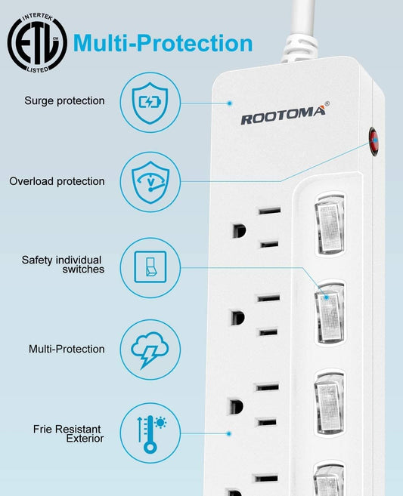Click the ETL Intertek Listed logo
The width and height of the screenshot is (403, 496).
tap(37, 42)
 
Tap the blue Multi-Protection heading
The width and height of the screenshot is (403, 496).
tap(163, 43)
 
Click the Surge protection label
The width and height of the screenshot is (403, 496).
tap(64, 101)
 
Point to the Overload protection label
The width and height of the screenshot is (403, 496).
tap(57, 182)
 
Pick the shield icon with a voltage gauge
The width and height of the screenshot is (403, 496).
tap(150, 182)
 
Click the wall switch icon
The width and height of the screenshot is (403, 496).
tap(150, 266)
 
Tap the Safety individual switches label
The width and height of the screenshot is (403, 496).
tap(63, 264)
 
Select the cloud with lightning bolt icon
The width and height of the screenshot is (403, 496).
tap(150, 350)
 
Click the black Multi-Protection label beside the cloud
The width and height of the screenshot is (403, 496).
tap(67, 349)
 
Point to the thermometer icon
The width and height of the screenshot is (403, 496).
tap(152, 434)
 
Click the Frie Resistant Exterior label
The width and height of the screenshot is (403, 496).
tap(68, 433)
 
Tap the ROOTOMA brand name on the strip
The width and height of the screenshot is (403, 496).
tap(283, 115)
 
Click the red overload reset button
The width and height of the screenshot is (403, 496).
tap(374, 141)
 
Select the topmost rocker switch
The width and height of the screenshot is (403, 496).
tap(330, 225)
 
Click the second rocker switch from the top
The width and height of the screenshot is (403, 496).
tap(330, 313)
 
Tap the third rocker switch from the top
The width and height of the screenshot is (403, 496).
tap(330, 402)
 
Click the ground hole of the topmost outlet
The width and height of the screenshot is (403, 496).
tap(239, 231)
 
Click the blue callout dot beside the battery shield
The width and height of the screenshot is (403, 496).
tap(230, 103)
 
